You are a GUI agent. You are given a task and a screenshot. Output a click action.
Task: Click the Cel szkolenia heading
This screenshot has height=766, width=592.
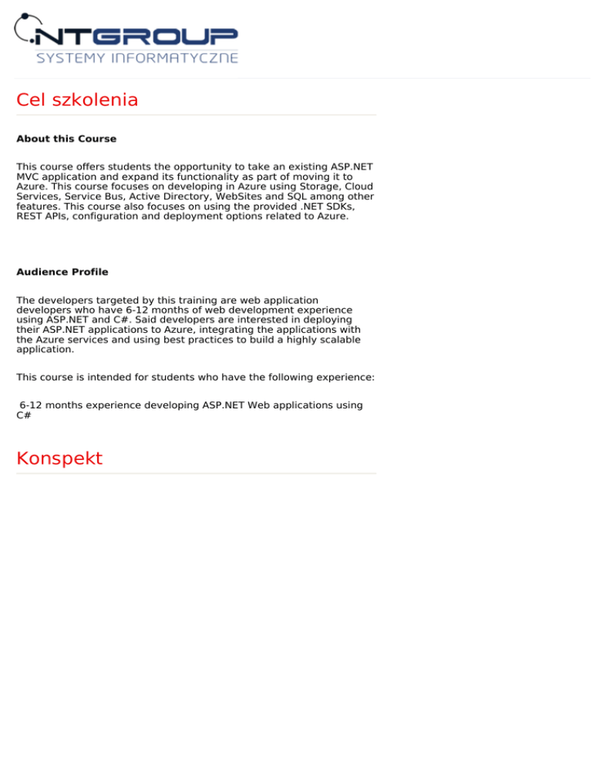coord(77,100)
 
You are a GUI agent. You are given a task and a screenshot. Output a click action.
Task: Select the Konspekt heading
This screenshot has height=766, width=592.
coord(59,459)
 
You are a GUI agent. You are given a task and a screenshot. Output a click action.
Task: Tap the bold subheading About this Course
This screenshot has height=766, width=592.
coord(66,139)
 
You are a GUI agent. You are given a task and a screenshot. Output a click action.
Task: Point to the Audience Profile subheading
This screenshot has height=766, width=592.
coord(62,272)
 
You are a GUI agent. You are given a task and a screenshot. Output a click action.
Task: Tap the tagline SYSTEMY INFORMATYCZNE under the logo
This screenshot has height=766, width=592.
coord(137,59)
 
